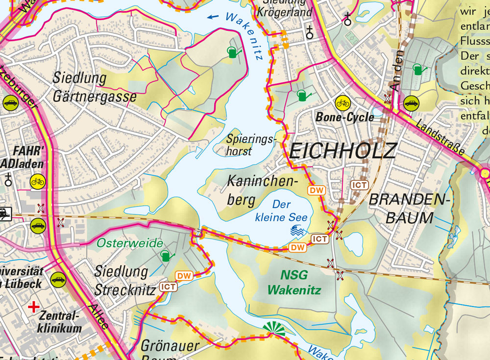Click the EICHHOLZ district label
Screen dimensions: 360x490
(342, 150)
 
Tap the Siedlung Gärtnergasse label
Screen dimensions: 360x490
(95, 87)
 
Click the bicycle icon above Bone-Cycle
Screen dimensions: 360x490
(343, 103)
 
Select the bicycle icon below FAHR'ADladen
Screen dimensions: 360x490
(37, 181)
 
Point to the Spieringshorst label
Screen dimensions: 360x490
(251, 145)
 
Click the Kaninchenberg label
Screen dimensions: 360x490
(263, 191)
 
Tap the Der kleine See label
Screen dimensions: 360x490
(281, 211)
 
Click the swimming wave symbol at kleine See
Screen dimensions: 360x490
(298, 231)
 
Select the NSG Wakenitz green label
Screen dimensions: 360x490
(294, 282)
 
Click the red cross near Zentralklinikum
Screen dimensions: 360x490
(34, 307)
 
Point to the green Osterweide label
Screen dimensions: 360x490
(129, 243)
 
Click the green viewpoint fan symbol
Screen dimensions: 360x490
(273, 330)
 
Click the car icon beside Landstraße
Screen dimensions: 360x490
(412, 103)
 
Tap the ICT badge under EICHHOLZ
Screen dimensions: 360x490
(359, 185)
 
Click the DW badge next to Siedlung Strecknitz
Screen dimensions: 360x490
(184, 276)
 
